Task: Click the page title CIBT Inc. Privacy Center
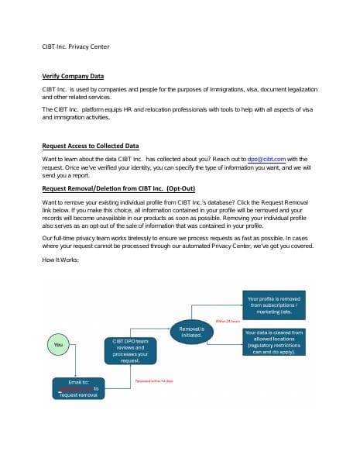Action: pyautogui.click(x=76, y=46)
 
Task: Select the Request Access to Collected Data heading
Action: pyautogui.click(x=92, y=146)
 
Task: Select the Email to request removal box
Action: pyautogui.click(x=76, y=387)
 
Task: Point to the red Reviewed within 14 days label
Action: pyautogui.click(x=154, y=381)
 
